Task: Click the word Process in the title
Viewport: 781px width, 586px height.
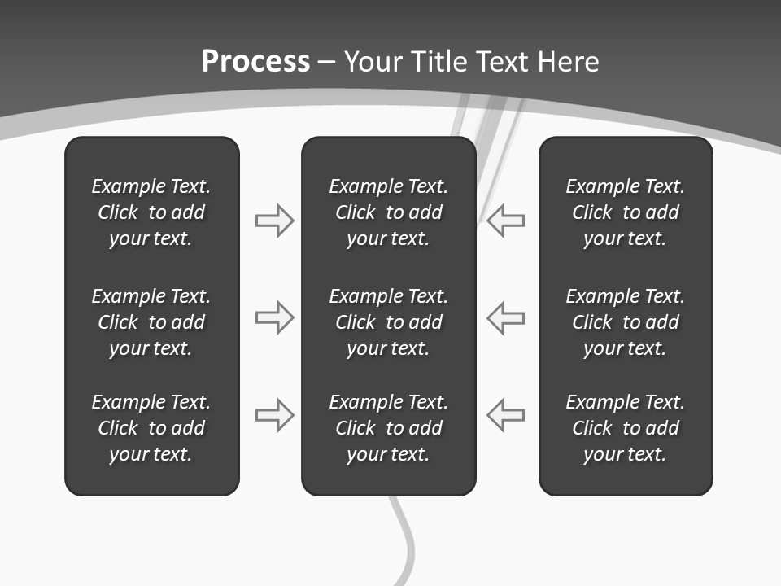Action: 255,62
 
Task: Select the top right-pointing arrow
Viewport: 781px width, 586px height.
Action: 275,221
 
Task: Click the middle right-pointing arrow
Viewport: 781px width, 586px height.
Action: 275,317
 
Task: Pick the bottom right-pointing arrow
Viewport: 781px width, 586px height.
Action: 275,414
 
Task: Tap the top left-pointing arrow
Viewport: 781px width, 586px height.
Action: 506,221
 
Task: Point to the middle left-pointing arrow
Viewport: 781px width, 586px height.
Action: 506,317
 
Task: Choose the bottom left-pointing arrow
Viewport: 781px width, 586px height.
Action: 506,414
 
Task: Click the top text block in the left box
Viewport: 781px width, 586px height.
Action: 151,212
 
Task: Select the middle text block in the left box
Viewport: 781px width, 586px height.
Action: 151,322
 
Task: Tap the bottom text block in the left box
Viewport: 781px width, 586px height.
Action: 151,428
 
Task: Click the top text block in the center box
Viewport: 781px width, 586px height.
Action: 388,212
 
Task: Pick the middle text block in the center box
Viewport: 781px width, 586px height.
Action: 388,322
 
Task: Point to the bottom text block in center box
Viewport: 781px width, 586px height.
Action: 388,428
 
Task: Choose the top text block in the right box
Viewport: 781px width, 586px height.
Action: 625,212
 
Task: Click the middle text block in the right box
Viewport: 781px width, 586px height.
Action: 625,322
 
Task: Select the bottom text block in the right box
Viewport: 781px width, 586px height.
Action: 625,428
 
